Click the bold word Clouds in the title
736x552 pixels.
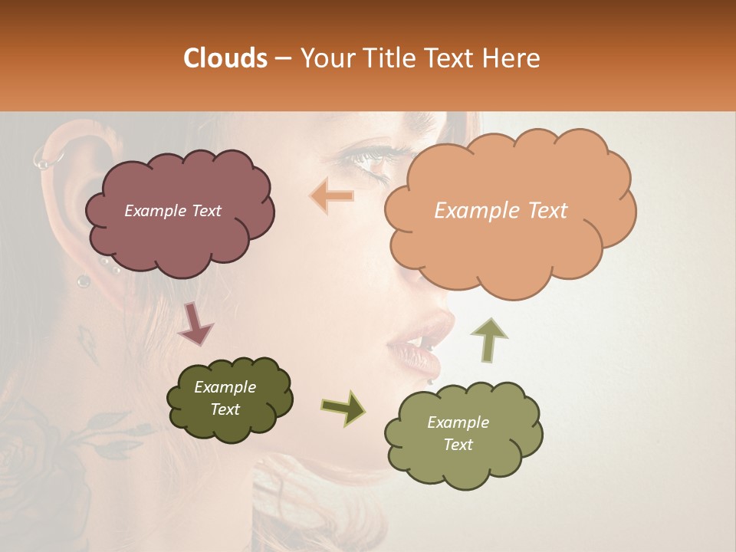225,58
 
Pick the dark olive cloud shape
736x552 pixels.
229,399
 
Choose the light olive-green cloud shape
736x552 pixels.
463,435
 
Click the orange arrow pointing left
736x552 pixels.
333,196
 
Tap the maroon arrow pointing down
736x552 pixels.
195,324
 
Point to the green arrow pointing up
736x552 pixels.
488,339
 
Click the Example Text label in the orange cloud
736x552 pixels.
501,211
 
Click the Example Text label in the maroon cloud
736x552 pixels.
172,211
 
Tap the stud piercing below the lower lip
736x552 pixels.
430,380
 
